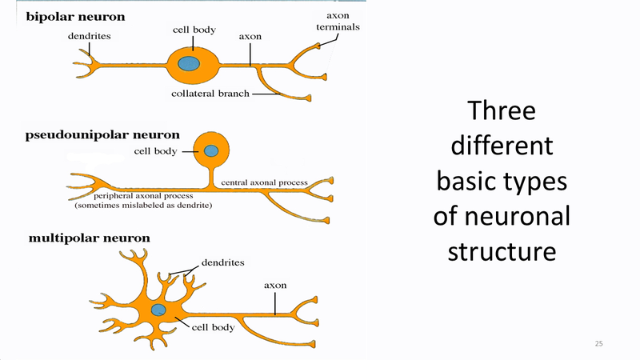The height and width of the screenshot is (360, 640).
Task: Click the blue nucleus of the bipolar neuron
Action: (189, 63)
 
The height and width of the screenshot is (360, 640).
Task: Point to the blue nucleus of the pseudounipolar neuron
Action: (211, 150)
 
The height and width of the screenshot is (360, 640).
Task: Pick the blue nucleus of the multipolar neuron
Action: (158, 310)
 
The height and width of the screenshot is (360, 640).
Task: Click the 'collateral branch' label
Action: (210, 94)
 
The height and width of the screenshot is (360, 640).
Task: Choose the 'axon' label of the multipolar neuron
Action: (275, 285)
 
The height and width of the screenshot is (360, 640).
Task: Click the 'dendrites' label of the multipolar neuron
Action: (222, 262)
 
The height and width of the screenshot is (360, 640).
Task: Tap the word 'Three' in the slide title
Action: (501, 110)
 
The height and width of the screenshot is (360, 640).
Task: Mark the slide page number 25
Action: (598, 343)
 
